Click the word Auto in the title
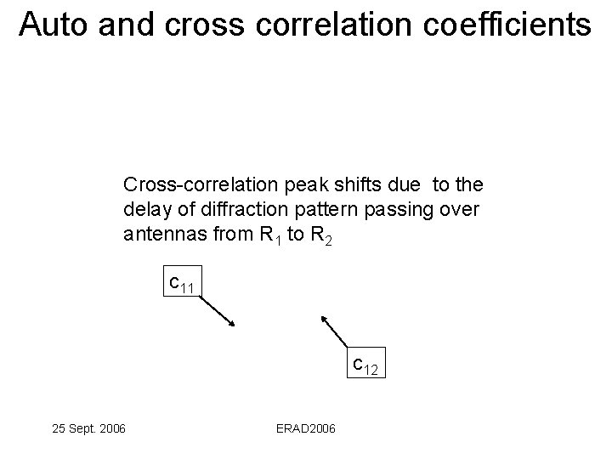point(54,25)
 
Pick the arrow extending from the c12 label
point(337,332)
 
